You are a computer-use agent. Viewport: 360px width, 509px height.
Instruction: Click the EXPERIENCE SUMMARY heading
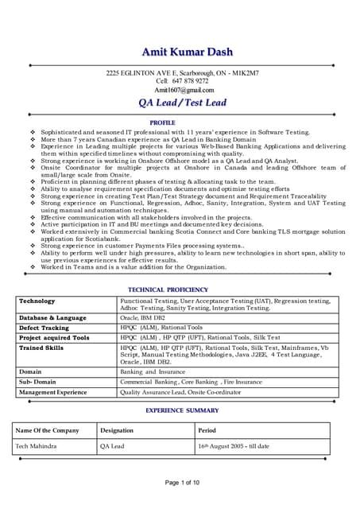[181, 410]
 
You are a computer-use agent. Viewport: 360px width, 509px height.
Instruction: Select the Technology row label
[37, 301]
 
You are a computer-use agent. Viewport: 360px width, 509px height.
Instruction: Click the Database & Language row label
[52, 317]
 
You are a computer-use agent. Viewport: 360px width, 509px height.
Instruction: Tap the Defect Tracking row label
[44, 328]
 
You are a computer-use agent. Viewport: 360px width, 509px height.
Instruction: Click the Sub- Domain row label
[36, 382]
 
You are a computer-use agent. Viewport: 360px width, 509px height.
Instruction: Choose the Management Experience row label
[53, 392]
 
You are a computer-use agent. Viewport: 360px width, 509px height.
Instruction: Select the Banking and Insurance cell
[154, 371]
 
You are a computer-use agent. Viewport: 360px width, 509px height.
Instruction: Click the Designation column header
[117, 430]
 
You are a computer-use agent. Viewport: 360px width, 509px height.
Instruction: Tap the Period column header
[206, 430]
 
